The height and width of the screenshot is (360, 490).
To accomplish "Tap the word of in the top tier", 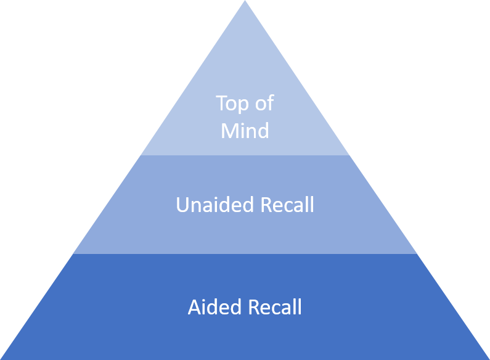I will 264,104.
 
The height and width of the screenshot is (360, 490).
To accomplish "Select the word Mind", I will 245,131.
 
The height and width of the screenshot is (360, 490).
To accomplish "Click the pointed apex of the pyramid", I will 245,2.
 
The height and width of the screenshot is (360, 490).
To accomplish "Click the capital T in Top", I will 221,104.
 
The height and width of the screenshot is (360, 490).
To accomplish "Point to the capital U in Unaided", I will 182,205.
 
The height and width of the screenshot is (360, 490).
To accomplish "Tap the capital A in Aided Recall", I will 194,307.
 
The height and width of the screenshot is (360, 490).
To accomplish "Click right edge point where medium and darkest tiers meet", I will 417,253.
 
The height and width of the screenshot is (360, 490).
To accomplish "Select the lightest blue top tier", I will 245,68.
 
